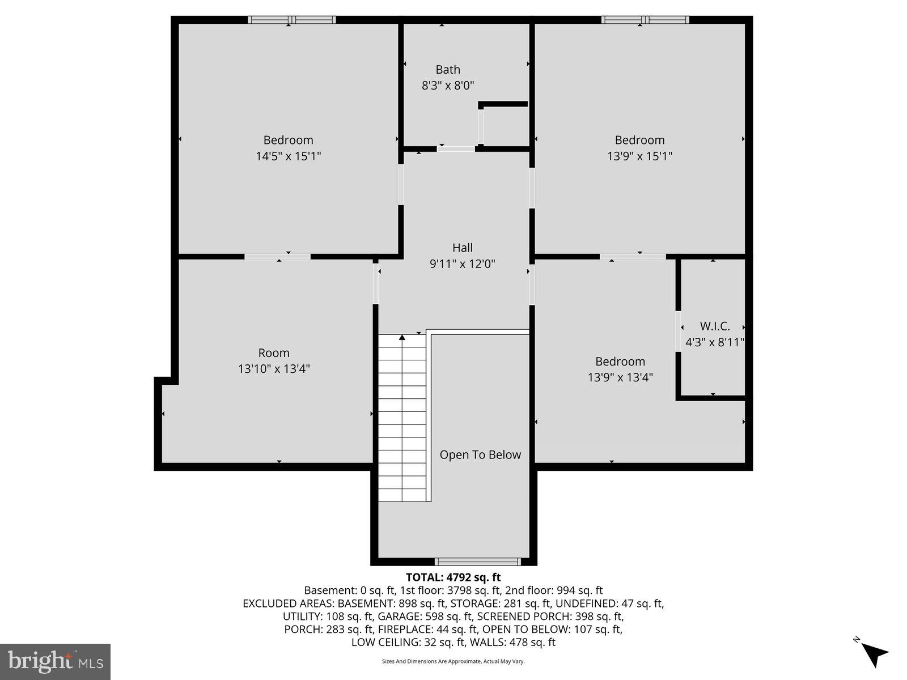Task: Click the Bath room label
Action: tap(447, 70)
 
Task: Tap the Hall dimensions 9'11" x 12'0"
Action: tap(462, 263)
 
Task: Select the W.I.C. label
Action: tap(714, 326)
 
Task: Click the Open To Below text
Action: tap(480, 454)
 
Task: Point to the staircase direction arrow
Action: tap(402, 338)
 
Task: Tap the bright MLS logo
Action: tap(55, 661)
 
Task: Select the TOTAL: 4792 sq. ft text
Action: tap(453, 577)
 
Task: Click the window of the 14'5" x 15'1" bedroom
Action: tap(291, 20)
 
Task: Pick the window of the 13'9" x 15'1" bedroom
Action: tap(645, 20)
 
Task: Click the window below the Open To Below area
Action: tap(477, 562)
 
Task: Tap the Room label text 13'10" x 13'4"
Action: tap(274, 369)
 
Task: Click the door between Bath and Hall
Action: tap(456, 149)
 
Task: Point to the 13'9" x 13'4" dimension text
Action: tap(620, 377)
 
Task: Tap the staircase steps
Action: tap(402, 419)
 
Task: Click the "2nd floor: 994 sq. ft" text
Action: tap(554, 590)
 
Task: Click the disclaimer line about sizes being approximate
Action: tap(453, 661)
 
